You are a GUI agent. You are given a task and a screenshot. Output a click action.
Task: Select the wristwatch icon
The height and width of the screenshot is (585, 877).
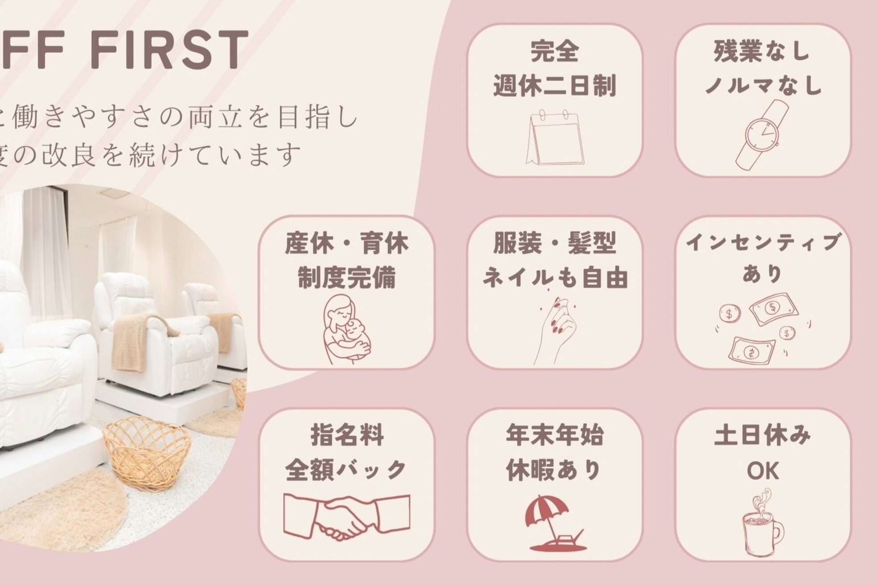(762, 133)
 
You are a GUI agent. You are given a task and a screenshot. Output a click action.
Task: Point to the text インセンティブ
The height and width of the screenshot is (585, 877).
(762, 243)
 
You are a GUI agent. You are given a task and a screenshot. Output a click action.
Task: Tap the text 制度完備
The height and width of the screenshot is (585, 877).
(346, 279)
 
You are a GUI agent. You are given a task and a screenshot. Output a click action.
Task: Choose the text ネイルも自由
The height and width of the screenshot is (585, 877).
(555, 278)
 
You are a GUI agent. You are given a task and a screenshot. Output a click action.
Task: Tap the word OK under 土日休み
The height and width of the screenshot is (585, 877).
(762, 471)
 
